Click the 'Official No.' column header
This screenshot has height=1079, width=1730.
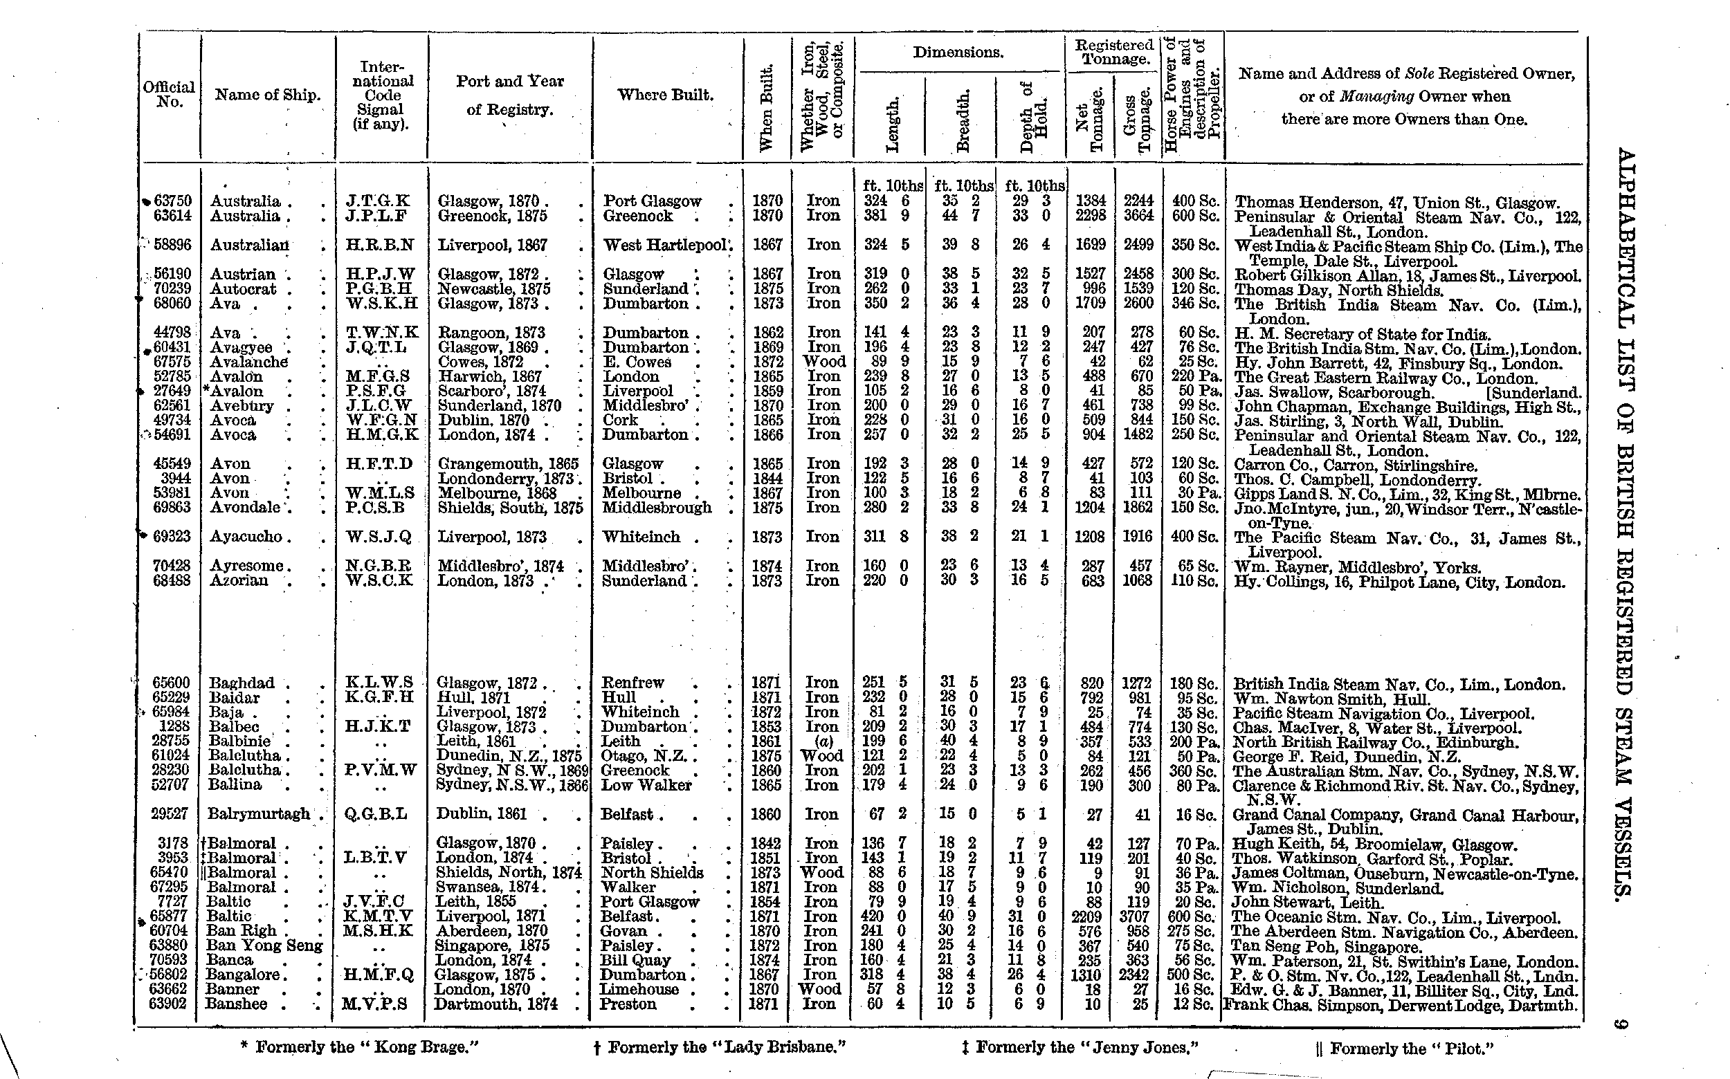click(x=168, y=94)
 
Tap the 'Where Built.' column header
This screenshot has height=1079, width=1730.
click(x=666, y=95)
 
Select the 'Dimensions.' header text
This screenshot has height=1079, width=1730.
click(x=958, y=53)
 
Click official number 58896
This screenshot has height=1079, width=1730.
click(x=172, y=245)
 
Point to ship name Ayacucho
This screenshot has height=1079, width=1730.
click(x=246, y=537)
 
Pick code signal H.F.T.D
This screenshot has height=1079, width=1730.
click(x=379, y=464)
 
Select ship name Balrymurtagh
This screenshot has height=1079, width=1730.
click(x=259, y=813)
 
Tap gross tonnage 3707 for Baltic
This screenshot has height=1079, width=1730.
click(x=1138, y=916)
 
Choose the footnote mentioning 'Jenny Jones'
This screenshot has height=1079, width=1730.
click(x=1080, y=1047)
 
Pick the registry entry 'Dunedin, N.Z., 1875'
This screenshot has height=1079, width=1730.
click(x=509, y=756)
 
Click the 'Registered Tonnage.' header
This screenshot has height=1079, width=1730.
click(x=1114, y=51)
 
